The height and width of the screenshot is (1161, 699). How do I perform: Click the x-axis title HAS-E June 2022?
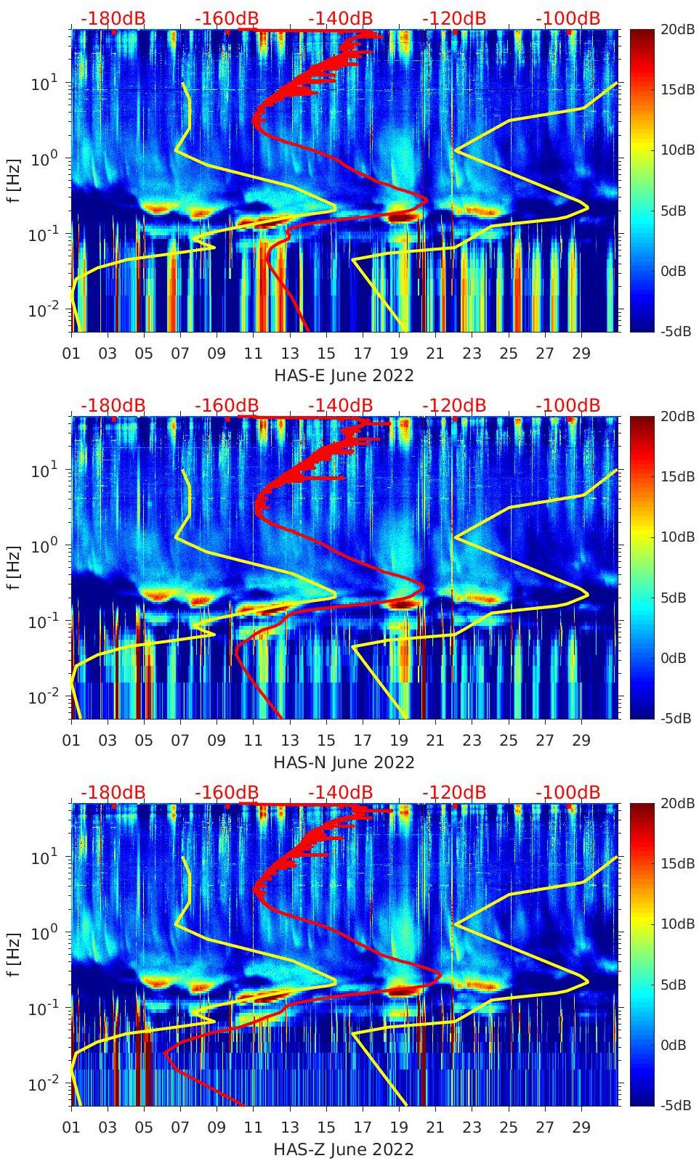pyautogui.click(x=344, y=375)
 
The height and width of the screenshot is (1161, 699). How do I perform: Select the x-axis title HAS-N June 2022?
pyautogui.click(x=344, y=762)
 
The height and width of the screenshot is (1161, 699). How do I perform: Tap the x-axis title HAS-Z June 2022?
pyautogui.click(x=344, y=1149)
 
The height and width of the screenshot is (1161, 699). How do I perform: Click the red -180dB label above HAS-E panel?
pyautogui.click(x=113, y=18)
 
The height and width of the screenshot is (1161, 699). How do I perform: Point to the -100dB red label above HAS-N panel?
pyautogui.click(x=567, y=405)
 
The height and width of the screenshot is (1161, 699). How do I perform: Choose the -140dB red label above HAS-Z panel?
pyautogui.click(x=340, y=792)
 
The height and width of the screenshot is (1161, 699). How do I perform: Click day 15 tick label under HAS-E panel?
pyautogui.click(x=326, y=354)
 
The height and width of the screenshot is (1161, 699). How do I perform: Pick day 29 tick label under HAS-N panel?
pyautogui.click(x=581, y=741)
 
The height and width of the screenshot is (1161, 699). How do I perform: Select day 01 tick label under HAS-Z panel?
pyautogui.click(x=71, y=1128)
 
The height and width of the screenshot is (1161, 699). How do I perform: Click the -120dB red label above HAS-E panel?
pyautogui.click(x=454, y=18)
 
